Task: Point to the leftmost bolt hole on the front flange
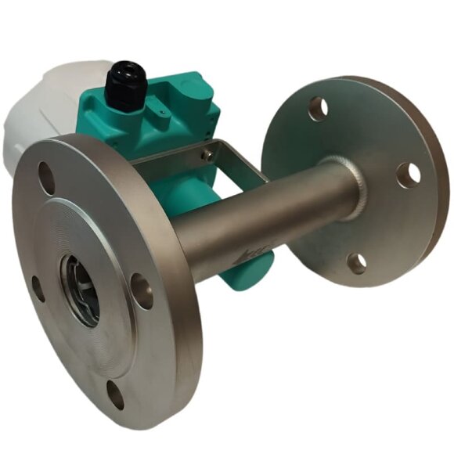pos(37,287)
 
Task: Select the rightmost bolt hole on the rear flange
pos(408,175)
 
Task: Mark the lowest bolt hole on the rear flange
pos(356,262)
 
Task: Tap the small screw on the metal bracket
pos(207,155)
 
